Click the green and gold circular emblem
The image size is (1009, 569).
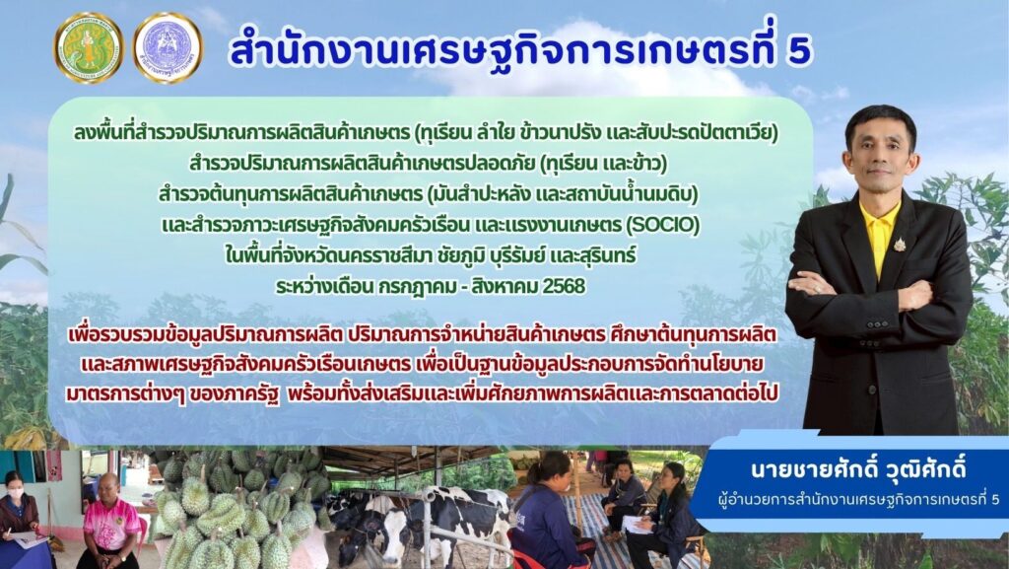point(89,47)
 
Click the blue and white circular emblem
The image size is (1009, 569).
point(168,47)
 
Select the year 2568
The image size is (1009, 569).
point(565,286)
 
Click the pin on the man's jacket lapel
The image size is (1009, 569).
point(899,244)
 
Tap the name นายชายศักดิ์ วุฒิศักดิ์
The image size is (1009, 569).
point(858,469)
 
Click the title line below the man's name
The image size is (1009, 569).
point(859,500)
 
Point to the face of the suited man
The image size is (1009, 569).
point(880,157)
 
